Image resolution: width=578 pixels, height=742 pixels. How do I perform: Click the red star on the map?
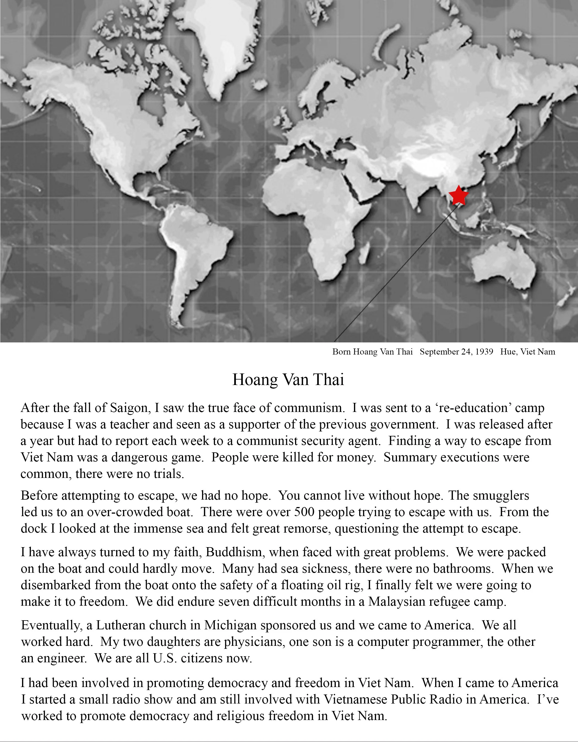click(458, 195)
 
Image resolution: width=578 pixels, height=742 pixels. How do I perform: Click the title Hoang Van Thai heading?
click(288, 380)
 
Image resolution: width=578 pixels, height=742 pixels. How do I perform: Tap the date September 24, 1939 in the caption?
click(456, 352)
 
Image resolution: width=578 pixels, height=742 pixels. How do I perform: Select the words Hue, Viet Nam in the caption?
click(527, 352)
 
